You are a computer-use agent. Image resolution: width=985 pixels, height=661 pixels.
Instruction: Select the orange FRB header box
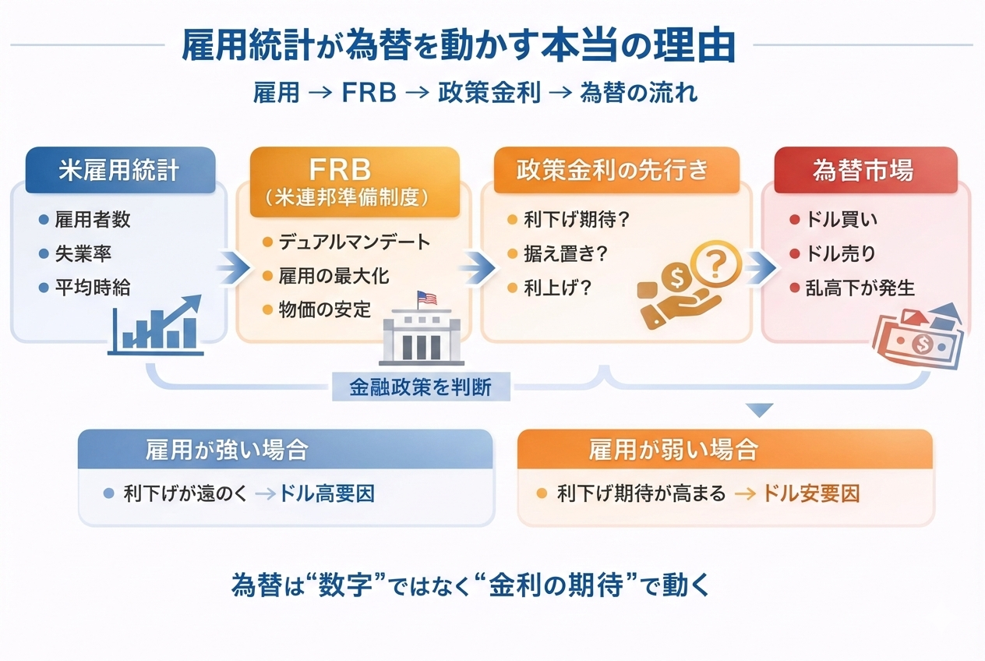pyautogui.click(x=354, y=182)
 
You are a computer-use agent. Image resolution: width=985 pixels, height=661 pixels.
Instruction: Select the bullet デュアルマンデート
pyautogui.click(x=354, y=242)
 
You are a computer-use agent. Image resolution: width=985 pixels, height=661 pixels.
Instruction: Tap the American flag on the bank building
pyautogui.click(x=426, y=298)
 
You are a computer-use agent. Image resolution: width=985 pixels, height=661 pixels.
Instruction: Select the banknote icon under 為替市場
pyautogui.click(x=918, y=336)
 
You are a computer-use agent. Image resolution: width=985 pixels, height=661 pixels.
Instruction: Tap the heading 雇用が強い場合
pyautogui.click(x=226, y=450)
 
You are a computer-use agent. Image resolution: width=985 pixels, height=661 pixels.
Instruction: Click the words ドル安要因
pyautogui.click(x=810, y=493)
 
